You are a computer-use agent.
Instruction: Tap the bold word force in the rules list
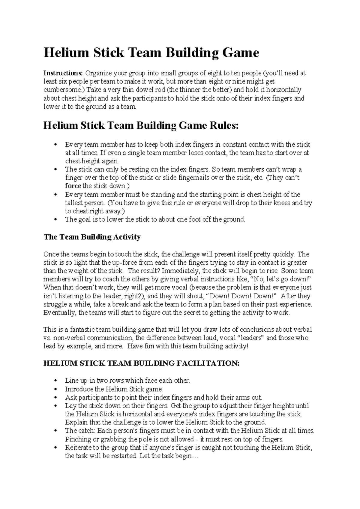click(x=73, y=186)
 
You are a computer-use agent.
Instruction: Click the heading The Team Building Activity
click(x=92, y=237)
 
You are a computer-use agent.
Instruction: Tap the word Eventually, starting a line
click(x=60, y=313)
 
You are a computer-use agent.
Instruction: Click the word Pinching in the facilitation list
click(x=78, y=439)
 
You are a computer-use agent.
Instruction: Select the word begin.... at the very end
click(x=183, y=456)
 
